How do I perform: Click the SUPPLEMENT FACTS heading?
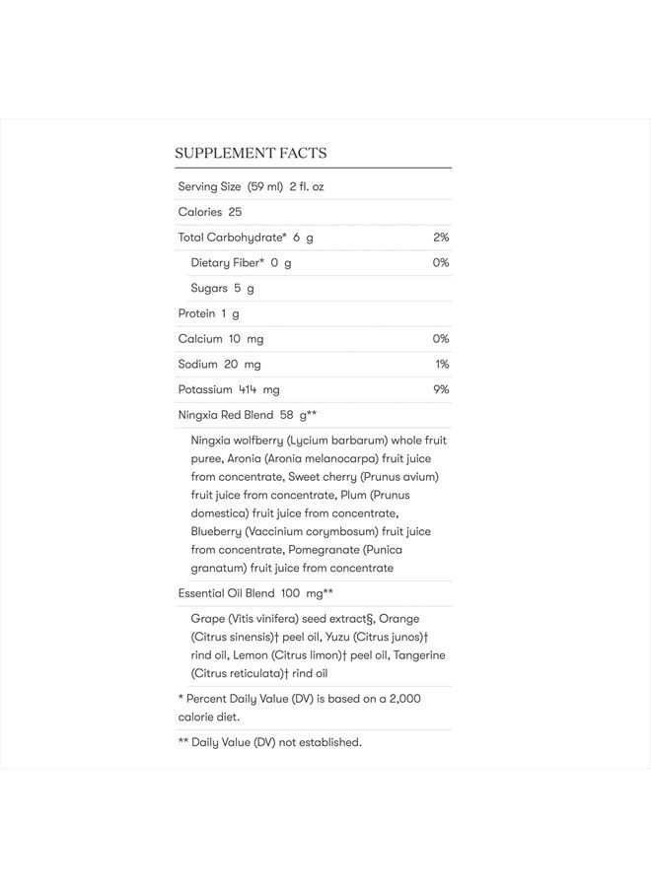(251, 153)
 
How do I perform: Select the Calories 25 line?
(210, 212)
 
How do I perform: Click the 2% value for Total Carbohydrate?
(441, 238)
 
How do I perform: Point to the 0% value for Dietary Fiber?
(441, 263)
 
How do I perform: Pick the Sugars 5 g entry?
(223, 288)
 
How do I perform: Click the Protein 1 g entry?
(209, 313)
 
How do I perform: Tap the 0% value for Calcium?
(441, 339)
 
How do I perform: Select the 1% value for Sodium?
(442, 365)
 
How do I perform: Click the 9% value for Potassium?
(441, 389)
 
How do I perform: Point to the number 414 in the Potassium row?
(248, 390)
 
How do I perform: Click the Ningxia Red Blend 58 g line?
(247, 415)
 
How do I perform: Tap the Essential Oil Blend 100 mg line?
(254, 593)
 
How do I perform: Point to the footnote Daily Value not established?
(269, 742)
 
